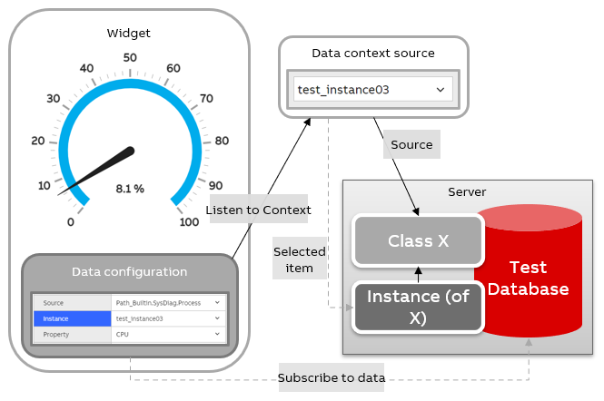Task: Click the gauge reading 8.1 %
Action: coord(129,189)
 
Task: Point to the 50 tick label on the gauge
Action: coord(129,57)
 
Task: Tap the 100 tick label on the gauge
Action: coord(189,222)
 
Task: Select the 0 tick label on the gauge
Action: coord(71,222)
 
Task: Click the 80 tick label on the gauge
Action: coord(221,141)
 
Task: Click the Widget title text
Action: coord(129,34)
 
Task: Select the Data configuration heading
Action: coord(129,271)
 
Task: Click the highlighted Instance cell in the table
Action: coord(72,318)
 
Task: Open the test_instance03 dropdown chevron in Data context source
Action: coord(441,90)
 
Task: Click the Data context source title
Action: coord(373,54)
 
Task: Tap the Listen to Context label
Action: coord(258,210)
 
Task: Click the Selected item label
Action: coord(299,259)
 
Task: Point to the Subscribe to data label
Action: coord(332,377)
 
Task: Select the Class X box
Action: coord(418,240)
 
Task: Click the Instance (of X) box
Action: coord(417,306)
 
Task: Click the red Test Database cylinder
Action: coord(528,277)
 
